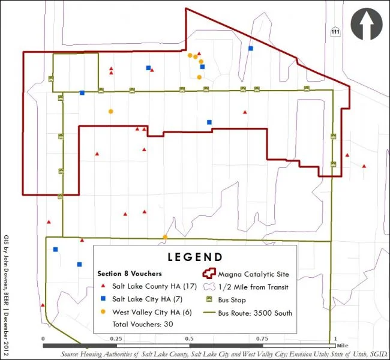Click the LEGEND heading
(x=195, y=257)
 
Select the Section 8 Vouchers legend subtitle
(x=130, y=274)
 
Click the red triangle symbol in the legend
(x=103, y=287)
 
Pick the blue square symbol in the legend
(x=103, y=299)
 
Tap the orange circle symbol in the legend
(x=103, y=312)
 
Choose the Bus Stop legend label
(x=232, y=300)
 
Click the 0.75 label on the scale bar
(x=263, y=338)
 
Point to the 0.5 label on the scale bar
(x=190, y=338)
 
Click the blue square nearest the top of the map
(x=251, y=48)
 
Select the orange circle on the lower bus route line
(x=165, y=237)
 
